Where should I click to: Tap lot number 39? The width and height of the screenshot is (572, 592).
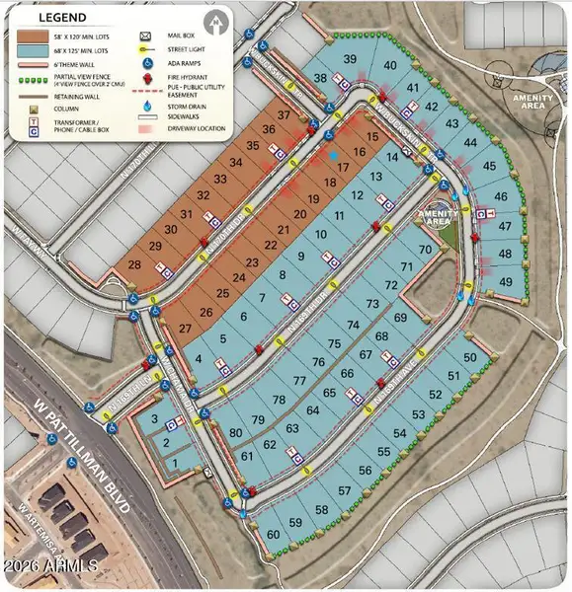[x=350, y=60]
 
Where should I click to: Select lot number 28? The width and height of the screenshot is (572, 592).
[x=134, y=266]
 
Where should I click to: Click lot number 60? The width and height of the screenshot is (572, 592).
[x=272, y=534]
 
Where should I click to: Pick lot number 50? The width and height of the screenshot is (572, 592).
[x=470, y=357]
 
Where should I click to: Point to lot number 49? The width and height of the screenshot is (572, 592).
[x=507, y=283]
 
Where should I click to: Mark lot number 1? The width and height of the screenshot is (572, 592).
[x=176, y=462]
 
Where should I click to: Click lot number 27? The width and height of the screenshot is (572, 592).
[x=185, y=328]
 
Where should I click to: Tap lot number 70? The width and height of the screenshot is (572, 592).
[x=425, y=251]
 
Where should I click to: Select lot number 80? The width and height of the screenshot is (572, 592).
[x=235, y=433]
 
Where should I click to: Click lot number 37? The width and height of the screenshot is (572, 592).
[x=284, y=115]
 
